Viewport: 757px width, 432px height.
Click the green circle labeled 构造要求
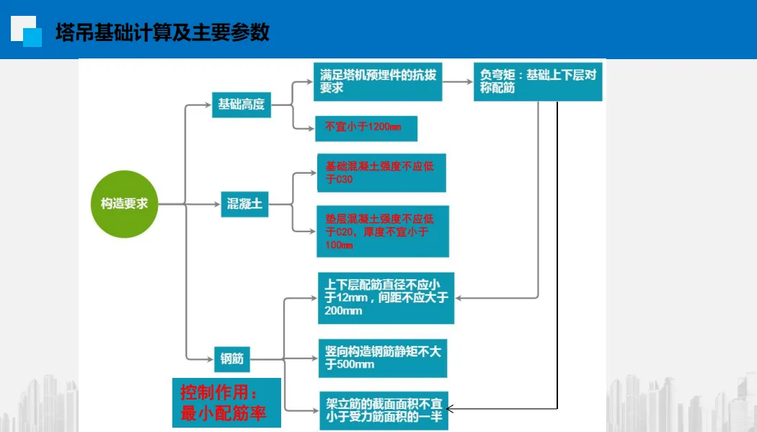124,204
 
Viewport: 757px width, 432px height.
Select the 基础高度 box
242,105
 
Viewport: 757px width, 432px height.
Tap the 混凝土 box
244,205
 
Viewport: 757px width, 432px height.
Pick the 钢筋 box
232,358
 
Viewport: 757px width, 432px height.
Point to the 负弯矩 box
537,81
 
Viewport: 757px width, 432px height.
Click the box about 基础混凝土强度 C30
381,172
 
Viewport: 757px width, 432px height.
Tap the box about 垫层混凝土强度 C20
382,231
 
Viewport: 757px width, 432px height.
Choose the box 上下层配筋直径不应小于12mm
386,298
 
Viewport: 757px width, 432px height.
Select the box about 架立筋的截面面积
384,410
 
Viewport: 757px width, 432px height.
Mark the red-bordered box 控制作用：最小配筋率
226,402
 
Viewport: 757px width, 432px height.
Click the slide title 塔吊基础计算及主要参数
162,33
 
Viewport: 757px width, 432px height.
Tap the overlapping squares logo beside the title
27,32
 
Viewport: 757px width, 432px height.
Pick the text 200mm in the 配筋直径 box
343,311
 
